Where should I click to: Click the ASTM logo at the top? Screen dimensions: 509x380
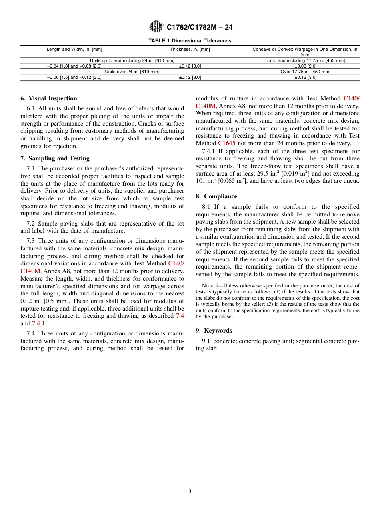[156, 27]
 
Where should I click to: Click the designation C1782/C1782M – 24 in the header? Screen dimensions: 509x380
[199, 27]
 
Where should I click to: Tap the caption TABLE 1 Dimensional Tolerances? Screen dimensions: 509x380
[190, 41]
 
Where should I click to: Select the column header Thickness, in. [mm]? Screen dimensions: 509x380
[190, 49]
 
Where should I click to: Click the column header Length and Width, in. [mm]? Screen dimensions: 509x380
[74, 49]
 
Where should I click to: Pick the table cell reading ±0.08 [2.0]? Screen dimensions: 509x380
[305, 66]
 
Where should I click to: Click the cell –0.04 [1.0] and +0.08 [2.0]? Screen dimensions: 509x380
[74, 66]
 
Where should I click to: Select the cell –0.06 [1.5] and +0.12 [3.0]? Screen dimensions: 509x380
[74, 78]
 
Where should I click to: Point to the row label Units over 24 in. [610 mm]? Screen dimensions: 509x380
[132, 72]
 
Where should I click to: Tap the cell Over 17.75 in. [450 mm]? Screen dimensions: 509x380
[305, 72]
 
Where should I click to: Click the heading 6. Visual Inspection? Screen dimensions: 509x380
[49, 98]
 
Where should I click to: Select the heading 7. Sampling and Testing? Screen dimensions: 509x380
[55, 158]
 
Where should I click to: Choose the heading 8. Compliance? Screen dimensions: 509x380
[216, 196]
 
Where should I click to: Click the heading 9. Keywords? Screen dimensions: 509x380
[214, 331]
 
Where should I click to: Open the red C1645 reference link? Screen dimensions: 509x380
[226, 143]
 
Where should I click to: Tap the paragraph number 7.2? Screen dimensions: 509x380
[30, 224]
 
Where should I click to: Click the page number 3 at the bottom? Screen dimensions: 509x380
[190, 492]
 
